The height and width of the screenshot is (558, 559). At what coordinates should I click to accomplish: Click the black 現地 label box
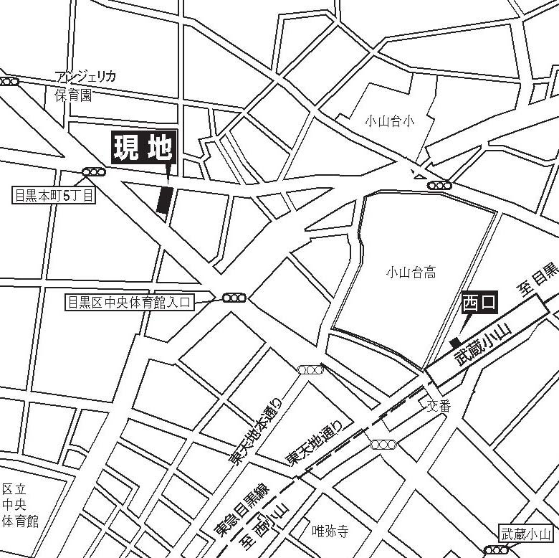pos(143,148)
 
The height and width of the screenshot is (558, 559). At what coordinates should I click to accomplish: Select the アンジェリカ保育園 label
pos(85,86)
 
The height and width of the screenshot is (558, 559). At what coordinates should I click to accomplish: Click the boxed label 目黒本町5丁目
pos(54,195)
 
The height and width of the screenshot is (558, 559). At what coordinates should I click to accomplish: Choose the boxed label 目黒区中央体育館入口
pos(129,303)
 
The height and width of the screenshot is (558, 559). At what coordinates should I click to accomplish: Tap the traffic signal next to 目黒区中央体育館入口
pos(234,298)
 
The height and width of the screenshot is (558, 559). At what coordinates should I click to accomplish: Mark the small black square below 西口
pos(454,343)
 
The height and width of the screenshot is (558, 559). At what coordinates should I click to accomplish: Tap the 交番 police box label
pos(439,406)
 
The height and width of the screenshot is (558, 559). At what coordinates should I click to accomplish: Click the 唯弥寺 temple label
pos(330,531)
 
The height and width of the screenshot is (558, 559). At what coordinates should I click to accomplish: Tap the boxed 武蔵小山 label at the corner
pos(525,534)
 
